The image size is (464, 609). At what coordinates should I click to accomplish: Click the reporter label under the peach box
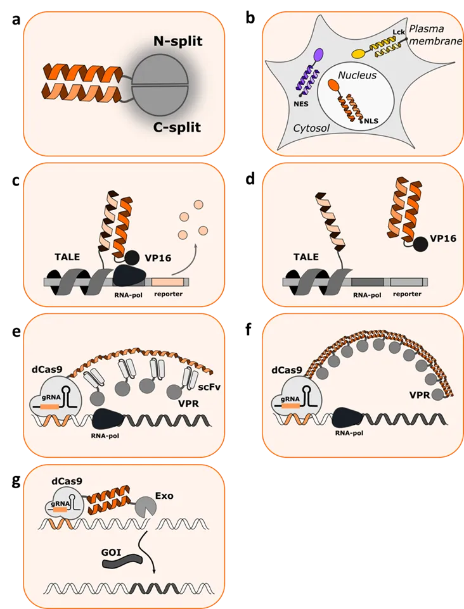[x=168, y=294]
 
